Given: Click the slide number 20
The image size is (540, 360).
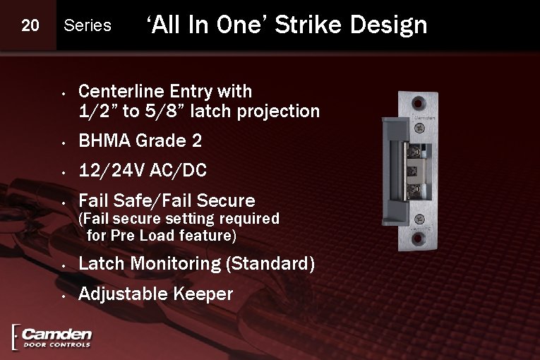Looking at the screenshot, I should click(x=30, y=26).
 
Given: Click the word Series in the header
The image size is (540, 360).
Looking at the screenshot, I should click(x=88, y=26).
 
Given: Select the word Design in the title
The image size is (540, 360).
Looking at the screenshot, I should click(x=389, y=25).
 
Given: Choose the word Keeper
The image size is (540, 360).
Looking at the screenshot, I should click(x=203, y=294).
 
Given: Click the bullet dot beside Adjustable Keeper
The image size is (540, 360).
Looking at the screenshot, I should click(x=64, y=296).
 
